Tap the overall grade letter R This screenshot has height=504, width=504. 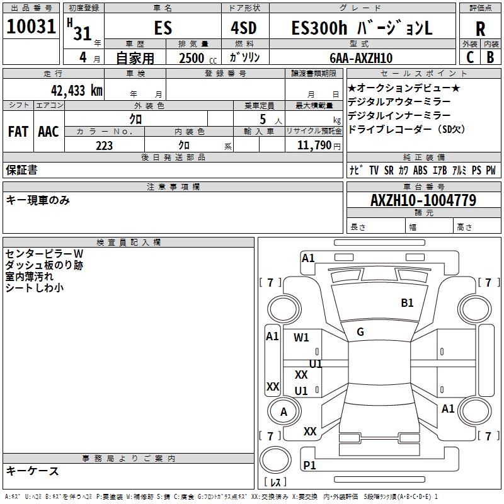[480, 29]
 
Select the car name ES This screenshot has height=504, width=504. [163, 28]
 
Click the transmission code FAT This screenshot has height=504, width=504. [18, 132]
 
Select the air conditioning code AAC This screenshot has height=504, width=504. [48, 132]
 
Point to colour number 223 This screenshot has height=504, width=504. [104, 146]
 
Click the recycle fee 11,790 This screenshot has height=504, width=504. [319, 146]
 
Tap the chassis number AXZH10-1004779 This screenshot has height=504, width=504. [423, 200]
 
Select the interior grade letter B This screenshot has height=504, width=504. [490, 57]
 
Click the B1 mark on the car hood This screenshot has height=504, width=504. [408, 303]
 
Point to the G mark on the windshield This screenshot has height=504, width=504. [360, 332]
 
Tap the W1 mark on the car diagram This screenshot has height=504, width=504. [302, 337]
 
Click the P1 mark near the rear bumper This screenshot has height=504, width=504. [309, 465]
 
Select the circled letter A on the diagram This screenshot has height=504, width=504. [283, 412]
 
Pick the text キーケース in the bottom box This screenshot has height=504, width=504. [33, 471]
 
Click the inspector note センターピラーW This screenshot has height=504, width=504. [44, 253]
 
